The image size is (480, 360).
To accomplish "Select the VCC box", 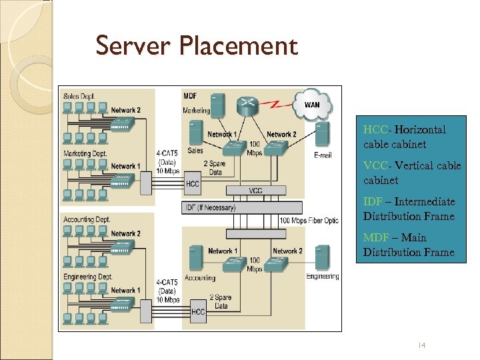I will pyautogui.click(x=255, y=191).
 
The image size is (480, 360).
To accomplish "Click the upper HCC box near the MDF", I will pyautogui.click(x=193, y=183).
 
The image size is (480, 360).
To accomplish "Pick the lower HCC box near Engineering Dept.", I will pyautogui.click(x=197, y=311).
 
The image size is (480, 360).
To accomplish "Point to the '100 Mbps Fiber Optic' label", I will pyautogui.click(x=309, y=221).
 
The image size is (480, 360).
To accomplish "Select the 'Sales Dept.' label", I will pyautogui.click(x=79, y=97).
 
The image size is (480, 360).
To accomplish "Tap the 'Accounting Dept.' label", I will pyautogui.click(x=87, y=219).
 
